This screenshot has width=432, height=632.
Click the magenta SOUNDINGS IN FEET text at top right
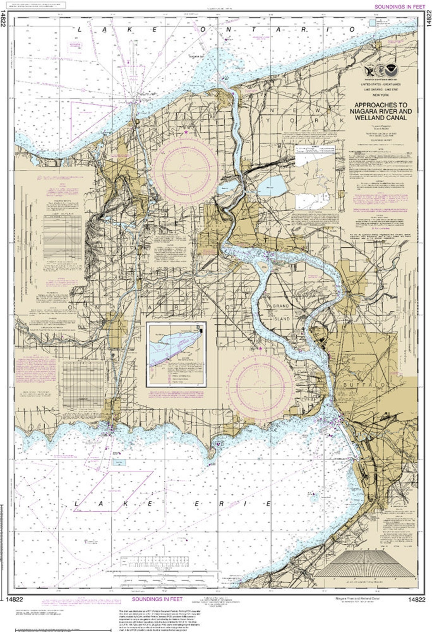pos(399,7)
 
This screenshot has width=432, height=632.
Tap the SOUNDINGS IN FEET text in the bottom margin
pos(157,599)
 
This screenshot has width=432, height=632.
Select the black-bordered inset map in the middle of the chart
pos(176,354)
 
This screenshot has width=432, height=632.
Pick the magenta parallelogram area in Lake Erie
pos(114,491)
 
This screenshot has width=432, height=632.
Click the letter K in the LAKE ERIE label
pos(125,504)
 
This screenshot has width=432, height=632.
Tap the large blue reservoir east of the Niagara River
pos(272,186)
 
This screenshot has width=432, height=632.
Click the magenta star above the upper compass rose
pos(186,132)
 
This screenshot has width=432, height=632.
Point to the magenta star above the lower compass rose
pos(260,349)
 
